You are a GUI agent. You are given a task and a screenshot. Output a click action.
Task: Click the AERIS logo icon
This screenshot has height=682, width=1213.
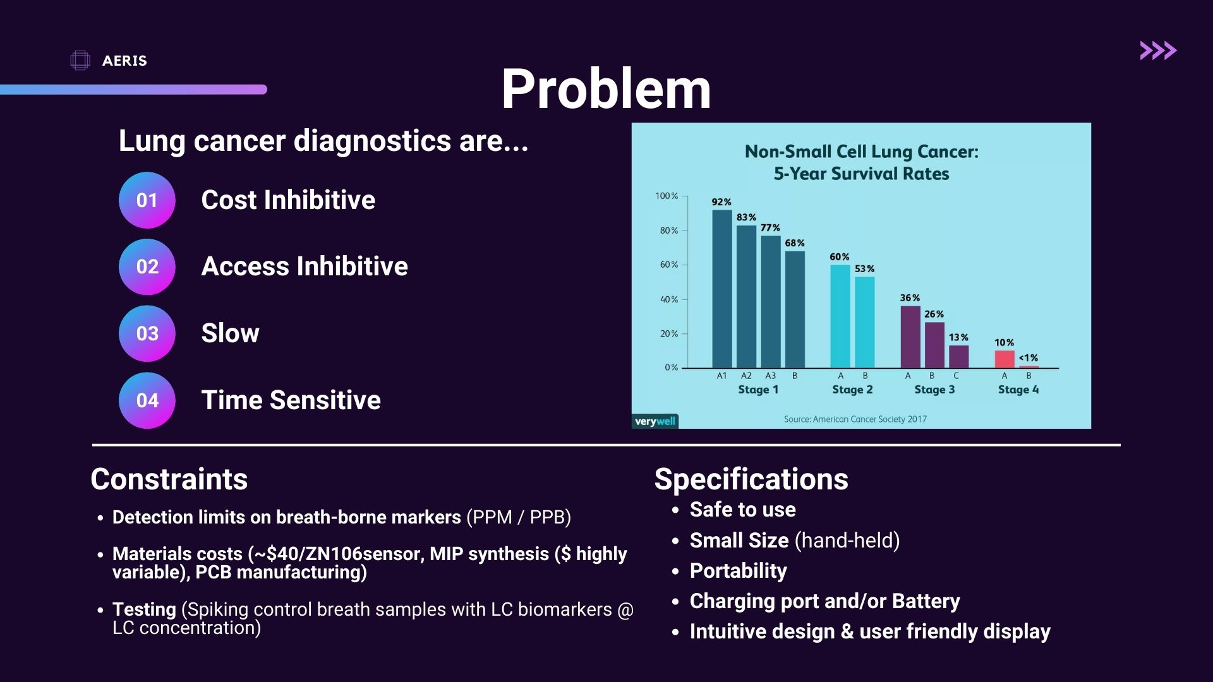coord(80,61)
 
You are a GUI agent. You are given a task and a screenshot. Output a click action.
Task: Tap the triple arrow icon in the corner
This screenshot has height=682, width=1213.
coord(1158,51)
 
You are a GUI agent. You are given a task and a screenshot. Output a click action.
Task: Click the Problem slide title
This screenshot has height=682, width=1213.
coord(606,89)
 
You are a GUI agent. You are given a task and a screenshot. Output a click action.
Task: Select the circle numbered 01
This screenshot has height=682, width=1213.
coord(147,200)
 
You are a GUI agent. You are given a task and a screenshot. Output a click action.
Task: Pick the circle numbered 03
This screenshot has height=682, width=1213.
coord(147,333)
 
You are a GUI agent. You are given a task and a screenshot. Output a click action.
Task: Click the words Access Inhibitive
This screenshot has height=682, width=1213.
coord(305,266)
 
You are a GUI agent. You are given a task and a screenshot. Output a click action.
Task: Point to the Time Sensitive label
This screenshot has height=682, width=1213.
coord(291,400)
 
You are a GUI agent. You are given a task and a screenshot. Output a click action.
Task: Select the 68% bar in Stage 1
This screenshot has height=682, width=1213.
coord(795,309)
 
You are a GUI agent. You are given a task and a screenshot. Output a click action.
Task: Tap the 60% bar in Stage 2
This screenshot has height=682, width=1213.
coord(840,316)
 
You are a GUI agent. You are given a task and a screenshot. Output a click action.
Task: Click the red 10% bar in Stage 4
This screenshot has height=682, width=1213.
coord(1005,359)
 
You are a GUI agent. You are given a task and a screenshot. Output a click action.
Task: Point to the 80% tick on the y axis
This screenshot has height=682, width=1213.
coord(670,230)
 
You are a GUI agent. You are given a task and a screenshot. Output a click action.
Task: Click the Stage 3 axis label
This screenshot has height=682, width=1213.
coord(934,390)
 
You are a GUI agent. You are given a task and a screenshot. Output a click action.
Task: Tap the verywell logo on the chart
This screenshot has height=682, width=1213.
coord(655,421)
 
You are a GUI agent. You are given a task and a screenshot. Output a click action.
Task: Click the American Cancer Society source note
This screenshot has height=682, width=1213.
coord(855,419)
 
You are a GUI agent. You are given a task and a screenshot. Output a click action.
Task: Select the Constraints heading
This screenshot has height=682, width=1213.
coord(169,479)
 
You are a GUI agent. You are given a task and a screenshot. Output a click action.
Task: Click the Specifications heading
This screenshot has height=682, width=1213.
coord(751,479)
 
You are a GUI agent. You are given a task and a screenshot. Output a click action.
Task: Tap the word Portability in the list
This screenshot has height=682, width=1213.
coord(738,571)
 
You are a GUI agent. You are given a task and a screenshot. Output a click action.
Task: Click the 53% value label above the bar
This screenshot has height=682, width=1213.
coord(864,269)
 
